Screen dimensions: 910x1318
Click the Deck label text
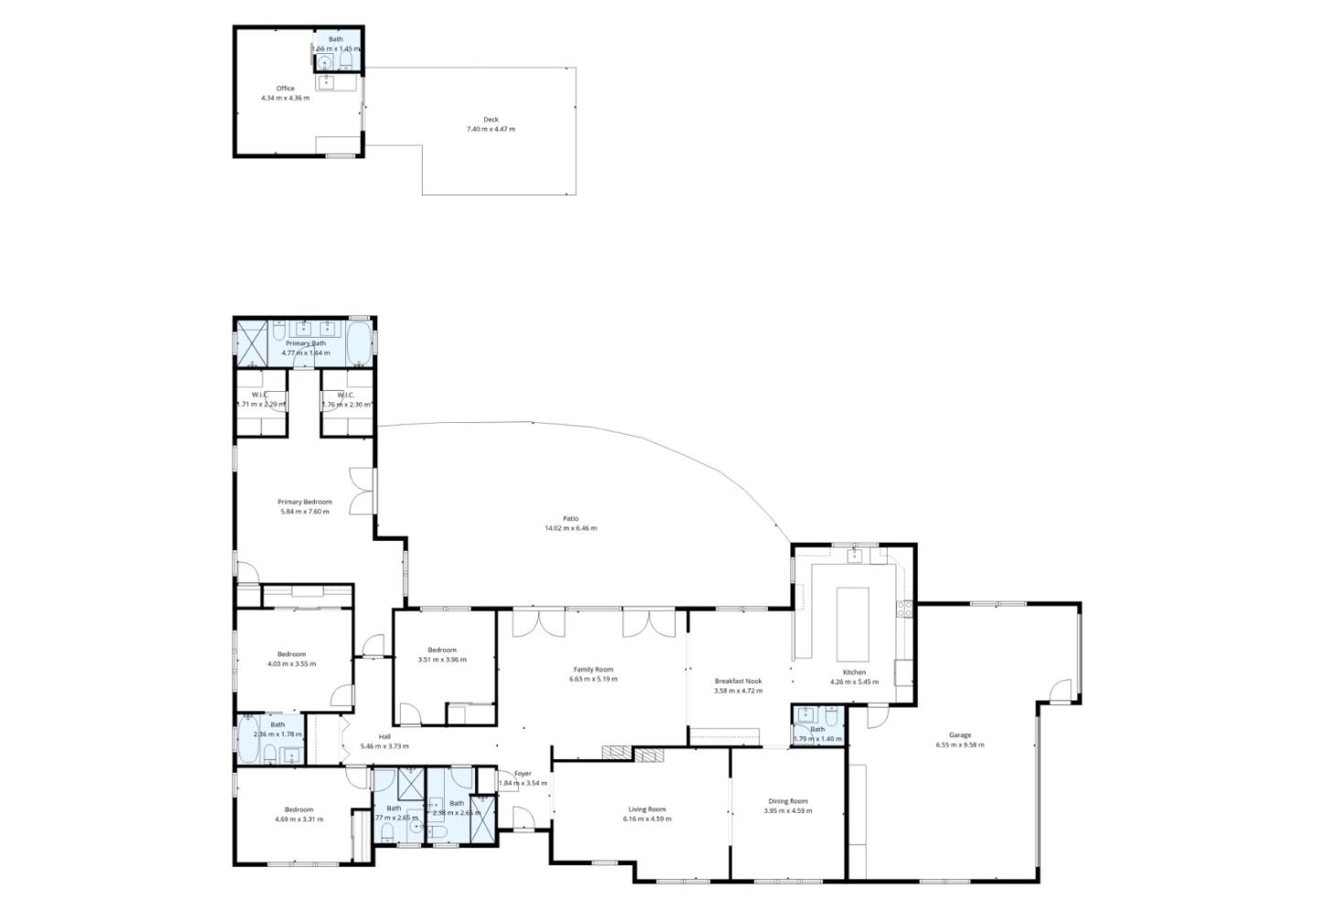pyautogui.click(x=491, y=119)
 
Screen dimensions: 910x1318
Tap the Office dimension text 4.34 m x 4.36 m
pyautogui.click(x=285, y=98)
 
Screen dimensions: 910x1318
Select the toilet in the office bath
pyautogui.click(x=346, y=61)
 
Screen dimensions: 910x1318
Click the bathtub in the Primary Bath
pyautogui.click(x=360, y=342)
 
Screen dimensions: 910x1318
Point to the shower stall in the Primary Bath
pyautogui.click(x=251, y=342)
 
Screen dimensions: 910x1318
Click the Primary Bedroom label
pyautogui.click(x=304, y=502)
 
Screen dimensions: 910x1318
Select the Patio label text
pyautogui.click(x=570, y=518)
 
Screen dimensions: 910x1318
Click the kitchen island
pyautogui.click(x=853, y=623)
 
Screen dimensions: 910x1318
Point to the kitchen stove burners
pyautogui.click(x=906, y=608)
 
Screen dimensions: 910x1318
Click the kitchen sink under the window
pyautogui.click(x=855, y=555)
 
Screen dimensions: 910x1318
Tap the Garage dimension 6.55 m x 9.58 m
pyautogui.click(x=959, y=745)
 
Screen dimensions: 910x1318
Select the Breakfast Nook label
pyautogui.click(x=738, y=681)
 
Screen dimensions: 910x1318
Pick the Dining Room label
pyautogui.click(x=787, y=801)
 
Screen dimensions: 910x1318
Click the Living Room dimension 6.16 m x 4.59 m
pyautogui.click(x=647, y=818)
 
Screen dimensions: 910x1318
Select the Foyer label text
pyautogui.click(x=523, y=774)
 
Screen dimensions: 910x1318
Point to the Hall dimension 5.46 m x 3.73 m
pyautogui.click(x=384, y=746)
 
